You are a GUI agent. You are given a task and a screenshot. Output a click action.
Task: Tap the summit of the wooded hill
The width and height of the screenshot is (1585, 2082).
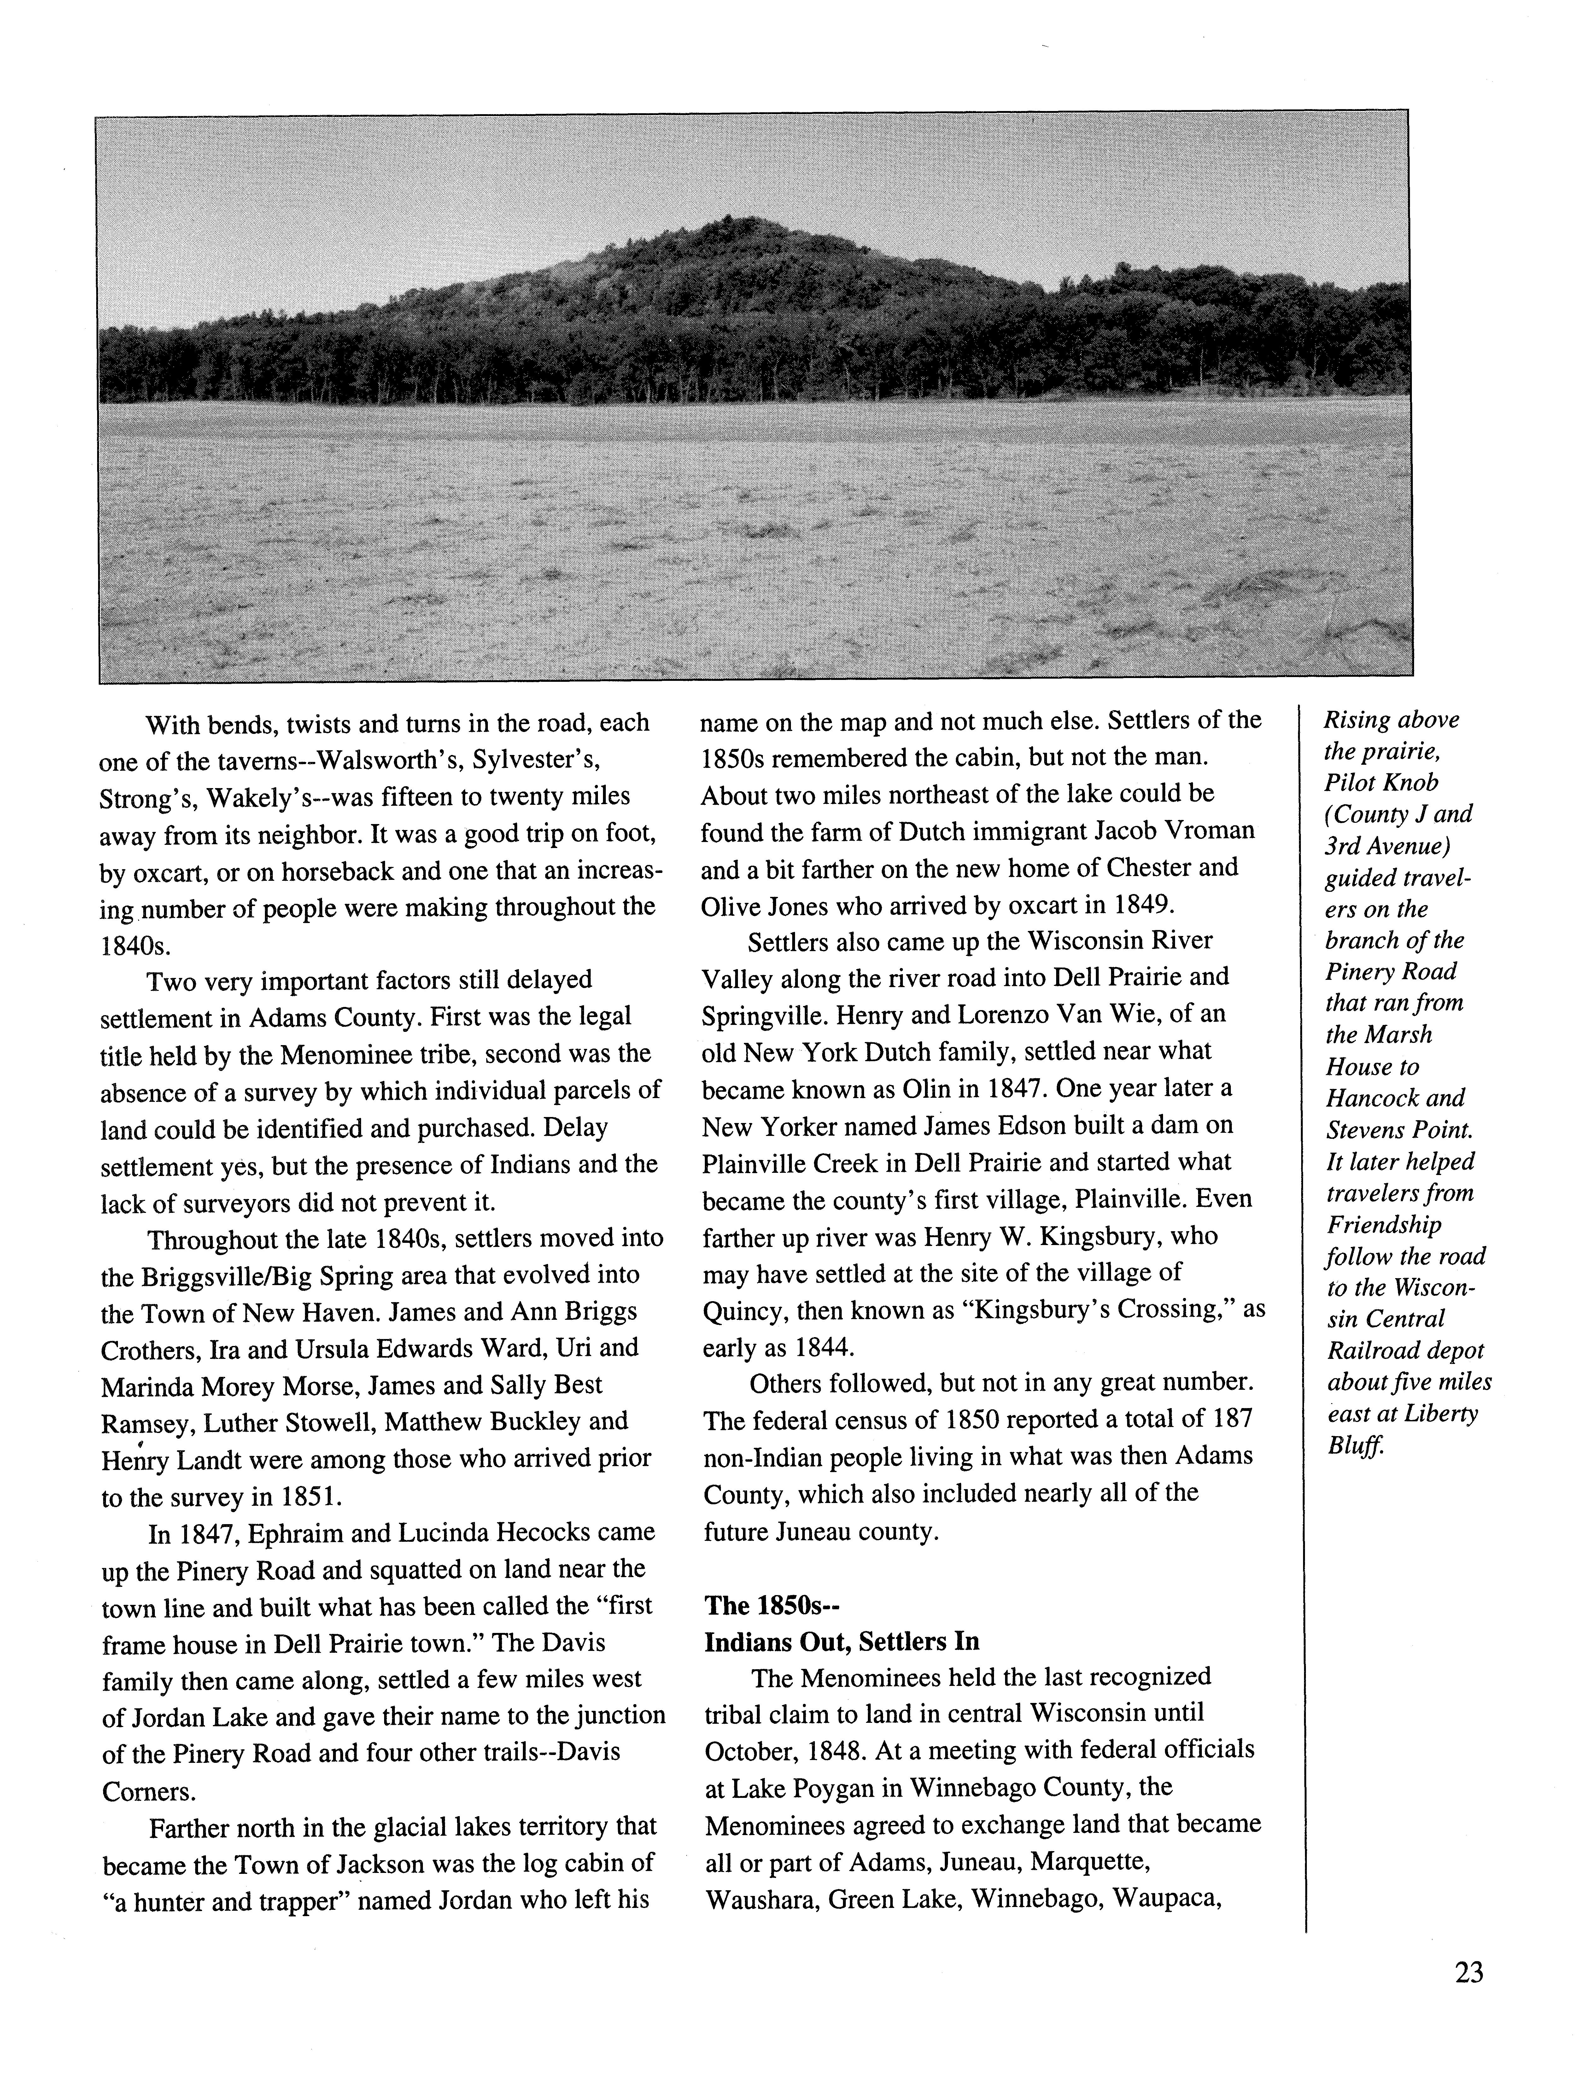[731, 225]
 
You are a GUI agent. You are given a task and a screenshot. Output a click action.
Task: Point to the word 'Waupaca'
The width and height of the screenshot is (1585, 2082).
[1166, 1898]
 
